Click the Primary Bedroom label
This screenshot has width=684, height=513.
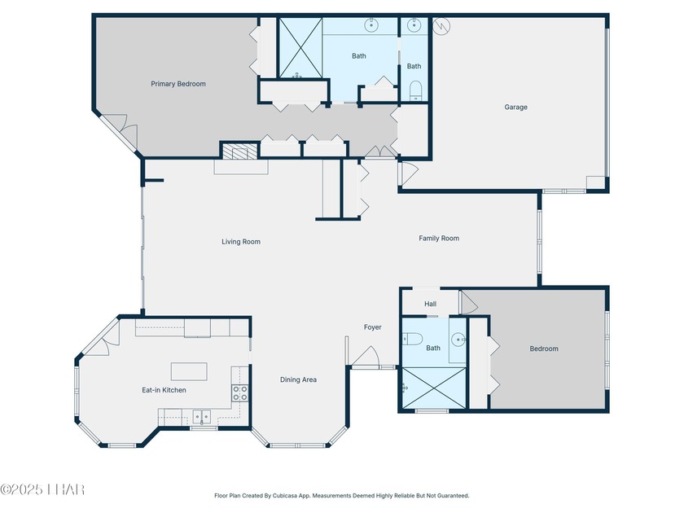click(x=178, y=84)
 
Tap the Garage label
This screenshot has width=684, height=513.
click(x=515, y=107)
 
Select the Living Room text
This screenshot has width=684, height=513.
click(x=241, y=242)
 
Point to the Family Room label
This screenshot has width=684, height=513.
click(x=439, y=238)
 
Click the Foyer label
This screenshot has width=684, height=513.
click(x=373, y=327)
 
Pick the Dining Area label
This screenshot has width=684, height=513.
click(x=298, y=379)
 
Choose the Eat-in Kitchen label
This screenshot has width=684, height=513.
click(x=164, y=390)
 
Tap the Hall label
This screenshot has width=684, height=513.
click(x=430, y=304)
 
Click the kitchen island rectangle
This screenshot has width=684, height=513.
click(x=189, y=371)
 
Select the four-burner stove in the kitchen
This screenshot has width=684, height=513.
click(x=239, y=392)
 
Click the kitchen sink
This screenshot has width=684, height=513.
click(x=202, y=417)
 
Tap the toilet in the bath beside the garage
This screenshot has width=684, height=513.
click(x=416, y=89)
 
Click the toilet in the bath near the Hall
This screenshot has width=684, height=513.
click(x=413, y=339)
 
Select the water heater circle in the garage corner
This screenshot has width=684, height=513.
click(x=441, y=26)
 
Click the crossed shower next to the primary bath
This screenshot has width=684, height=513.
click(x=300, y=47)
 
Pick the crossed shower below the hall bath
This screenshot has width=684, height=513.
click(x=433, y=388)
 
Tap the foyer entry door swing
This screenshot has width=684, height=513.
click(x=366, y=356)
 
